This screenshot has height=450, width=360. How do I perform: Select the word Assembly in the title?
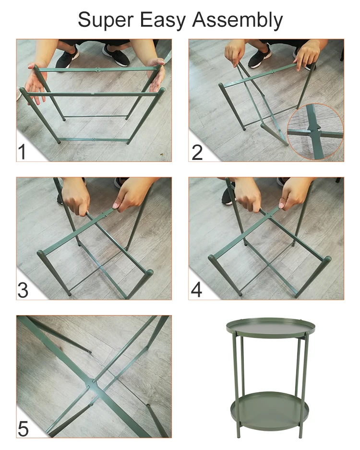tap(237, 20)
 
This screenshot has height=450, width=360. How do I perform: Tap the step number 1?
tap(23, 151)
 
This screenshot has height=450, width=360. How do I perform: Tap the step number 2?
tap(197, 151)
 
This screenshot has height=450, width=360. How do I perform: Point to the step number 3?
tap(23, 290)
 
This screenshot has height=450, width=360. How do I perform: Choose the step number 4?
tap(197, 290)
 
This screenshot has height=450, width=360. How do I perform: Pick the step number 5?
tap(23, 428)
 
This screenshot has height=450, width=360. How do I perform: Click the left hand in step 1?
tap(37, 82)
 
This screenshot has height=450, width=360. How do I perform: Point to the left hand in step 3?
tap(76, 197)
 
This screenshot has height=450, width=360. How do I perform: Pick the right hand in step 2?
tap(307, 54)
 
